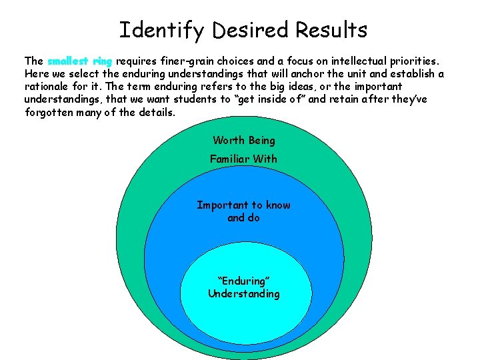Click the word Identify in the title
point(148,30)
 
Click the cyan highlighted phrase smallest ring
point(80,61)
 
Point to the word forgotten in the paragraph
point(47,112)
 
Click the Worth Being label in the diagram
point(244,140)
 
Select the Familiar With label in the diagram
point(243,159)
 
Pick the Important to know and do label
point(243,211)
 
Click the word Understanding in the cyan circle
point(244,293)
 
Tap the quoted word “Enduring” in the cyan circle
point(243,281)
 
